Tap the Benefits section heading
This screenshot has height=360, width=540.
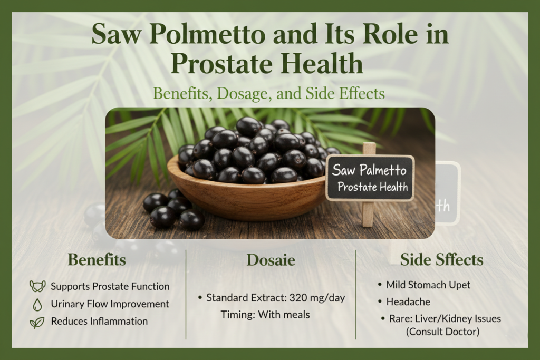click(x=97, y=260)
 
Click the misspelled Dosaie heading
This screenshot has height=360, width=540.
click(x=271, y=260)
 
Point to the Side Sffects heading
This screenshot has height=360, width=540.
click(x=442, y=260)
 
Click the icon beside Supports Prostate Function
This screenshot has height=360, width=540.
click(x=36, y=287)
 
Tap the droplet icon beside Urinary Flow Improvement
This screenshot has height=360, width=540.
click(x=37, y=304)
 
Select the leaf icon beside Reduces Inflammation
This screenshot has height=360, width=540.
click(x=37, y=322)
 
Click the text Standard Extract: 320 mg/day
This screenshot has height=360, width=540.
click(x=275, y=298)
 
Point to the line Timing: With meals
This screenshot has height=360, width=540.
click(x=265, y=315)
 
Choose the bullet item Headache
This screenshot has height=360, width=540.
click(x=408, y=302)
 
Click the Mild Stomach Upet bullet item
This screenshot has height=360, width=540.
click(x=428, y=285)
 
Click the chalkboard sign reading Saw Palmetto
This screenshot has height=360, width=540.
click(x=370, y=178)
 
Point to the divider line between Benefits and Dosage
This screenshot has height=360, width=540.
click(x=186, y=294)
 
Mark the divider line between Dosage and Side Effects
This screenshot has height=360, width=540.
click(x=356, y=294)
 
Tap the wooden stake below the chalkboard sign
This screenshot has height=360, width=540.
click(x=369, y=214)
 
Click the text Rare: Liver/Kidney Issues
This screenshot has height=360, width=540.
click(x=443, y=319)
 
